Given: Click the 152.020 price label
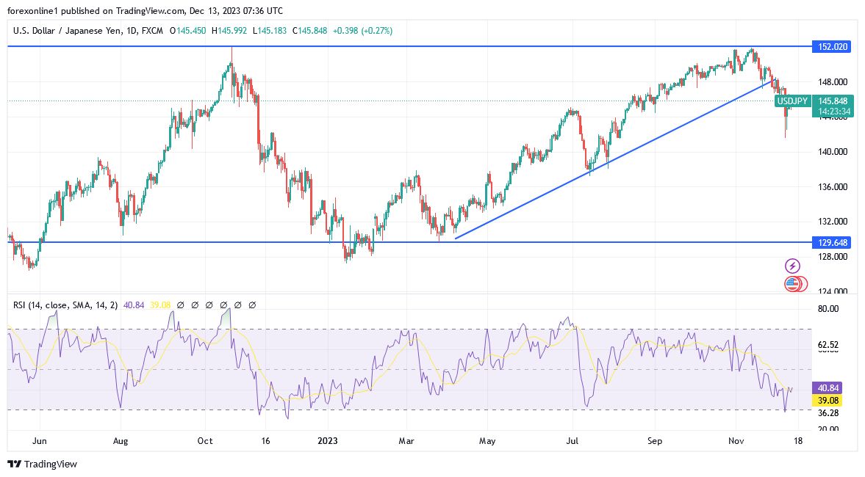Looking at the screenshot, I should click(832, 46).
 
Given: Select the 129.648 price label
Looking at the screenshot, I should click(832, 242).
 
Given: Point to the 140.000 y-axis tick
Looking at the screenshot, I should click(833, 152).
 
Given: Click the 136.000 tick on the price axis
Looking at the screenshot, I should click(833, 187).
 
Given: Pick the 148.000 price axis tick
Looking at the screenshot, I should click(833, 82).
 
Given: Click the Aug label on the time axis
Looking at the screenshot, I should click(121, 441).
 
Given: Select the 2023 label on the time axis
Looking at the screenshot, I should click(328, 441).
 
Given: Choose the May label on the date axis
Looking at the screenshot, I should click(487, 441).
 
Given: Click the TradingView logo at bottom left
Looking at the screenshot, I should click(42, 465).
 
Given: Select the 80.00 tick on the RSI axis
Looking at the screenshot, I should click(828, 309).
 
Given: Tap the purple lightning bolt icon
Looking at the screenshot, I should click(792, 266).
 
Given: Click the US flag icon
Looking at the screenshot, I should click(792, 283).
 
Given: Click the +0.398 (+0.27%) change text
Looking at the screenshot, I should click(362, 31).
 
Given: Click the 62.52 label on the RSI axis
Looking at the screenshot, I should click(828, 344).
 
